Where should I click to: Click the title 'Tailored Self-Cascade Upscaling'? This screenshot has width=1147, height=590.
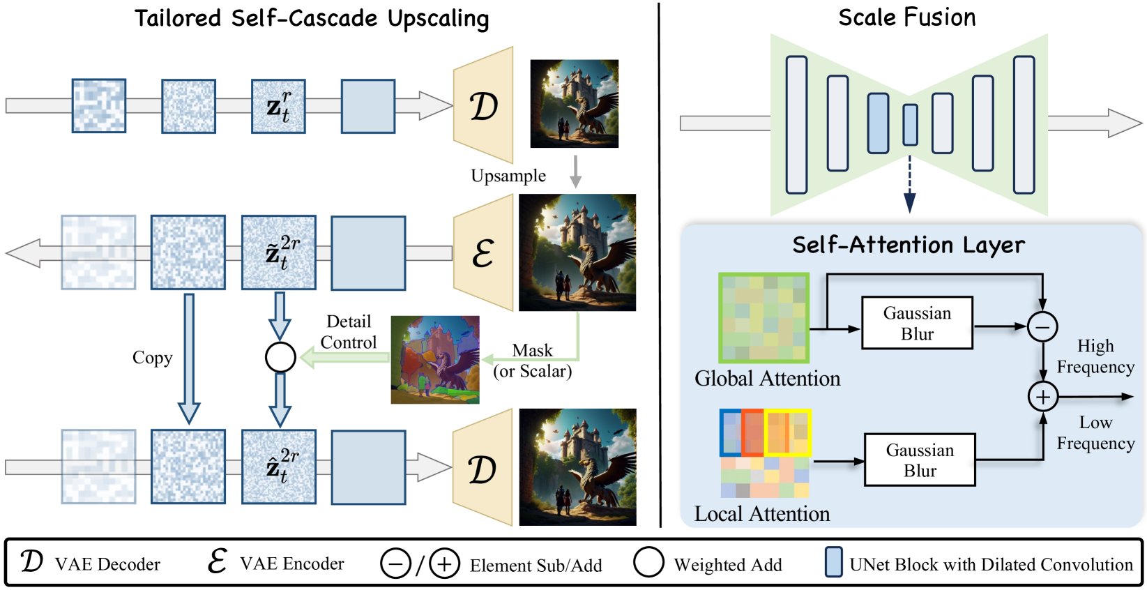coord(312,19)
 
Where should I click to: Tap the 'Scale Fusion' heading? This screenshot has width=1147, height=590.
coord(906,17)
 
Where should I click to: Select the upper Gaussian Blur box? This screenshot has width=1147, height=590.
coord(917,324)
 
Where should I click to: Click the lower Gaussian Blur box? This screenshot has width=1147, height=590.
coord(920,460)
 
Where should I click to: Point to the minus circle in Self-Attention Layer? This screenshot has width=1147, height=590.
coord(1042,326)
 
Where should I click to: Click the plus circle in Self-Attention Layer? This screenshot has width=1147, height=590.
coord(1042,397)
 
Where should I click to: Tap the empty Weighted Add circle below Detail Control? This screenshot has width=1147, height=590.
coord(280,358)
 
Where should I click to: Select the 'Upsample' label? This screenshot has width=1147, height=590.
coord(508,176)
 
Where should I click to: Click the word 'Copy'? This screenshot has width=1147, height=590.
coord(152,358)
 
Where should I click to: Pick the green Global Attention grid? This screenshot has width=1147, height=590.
coord(764,317)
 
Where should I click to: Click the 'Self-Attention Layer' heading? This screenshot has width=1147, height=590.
coord(908,245)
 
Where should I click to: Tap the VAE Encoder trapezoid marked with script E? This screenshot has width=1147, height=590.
coord(484,252)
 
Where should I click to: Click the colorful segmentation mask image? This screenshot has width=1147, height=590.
coord(435,360)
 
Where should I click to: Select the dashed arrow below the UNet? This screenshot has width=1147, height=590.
coord(909,183)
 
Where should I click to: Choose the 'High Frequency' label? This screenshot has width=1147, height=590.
coord(1095,356)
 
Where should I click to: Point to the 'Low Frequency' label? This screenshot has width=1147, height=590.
coord(1095,433)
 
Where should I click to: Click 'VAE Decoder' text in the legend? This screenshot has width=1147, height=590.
coord(107,564)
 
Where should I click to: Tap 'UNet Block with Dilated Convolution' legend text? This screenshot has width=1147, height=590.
coord(991,564)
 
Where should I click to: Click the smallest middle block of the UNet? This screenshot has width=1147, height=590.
coord(910,125)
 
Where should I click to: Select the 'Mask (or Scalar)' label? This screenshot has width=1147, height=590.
coord(532,361)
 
